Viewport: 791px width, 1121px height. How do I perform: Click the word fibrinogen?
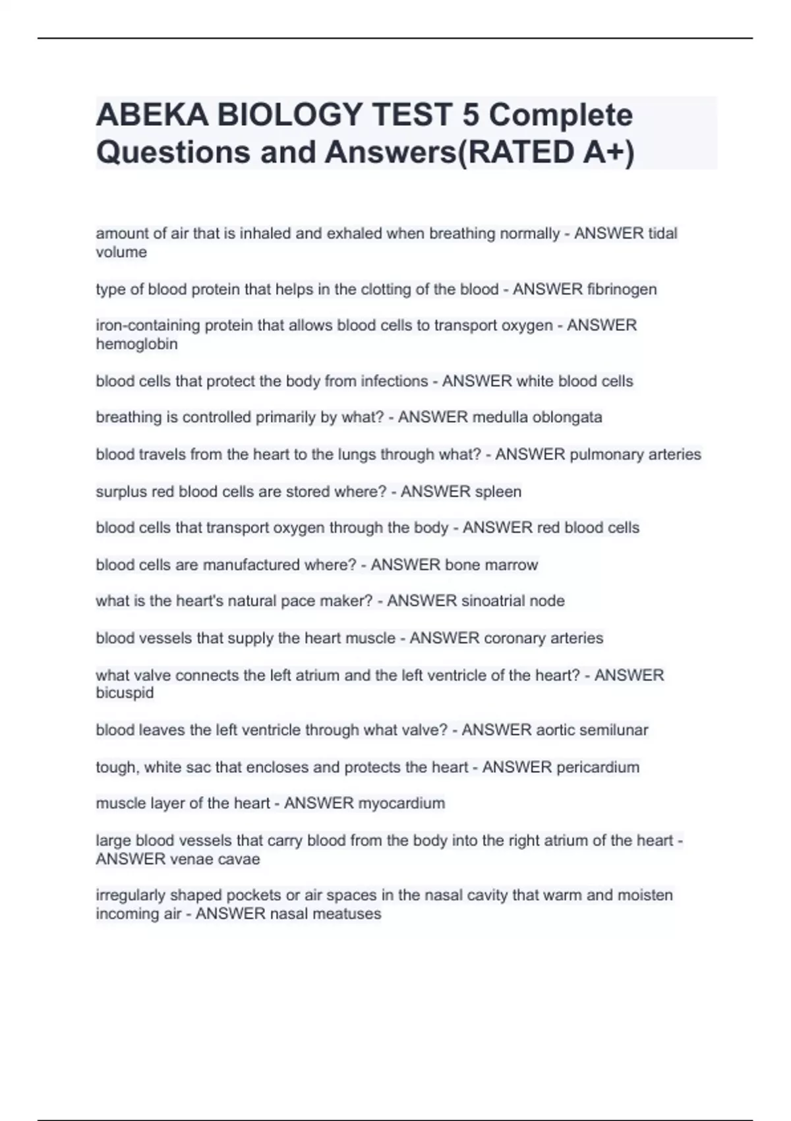point(622,289)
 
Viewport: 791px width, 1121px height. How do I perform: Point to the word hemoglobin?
point(136,344)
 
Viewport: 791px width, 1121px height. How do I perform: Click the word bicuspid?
point(125,693)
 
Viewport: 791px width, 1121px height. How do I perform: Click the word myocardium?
point(401,803)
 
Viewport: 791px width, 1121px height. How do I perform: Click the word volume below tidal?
point(121,253)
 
